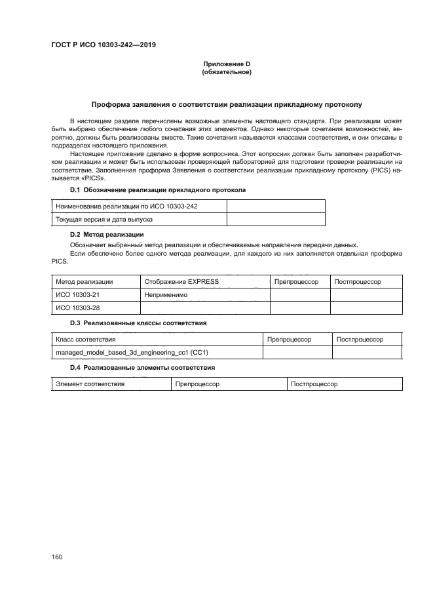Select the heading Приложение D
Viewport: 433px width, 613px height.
tap(226, 64)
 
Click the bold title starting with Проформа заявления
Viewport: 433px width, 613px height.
tap(226, 104)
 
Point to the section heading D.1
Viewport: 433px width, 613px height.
tap(157, 189)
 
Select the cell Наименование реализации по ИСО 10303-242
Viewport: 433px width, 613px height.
tap(127, 207)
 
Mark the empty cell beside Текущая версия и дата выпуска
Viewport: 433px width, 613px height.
tap(275, 220)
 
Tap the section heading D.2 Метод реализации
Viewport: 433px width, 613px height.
tap(107, 234)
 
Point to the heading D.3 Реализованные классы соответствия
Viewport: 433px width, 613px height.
tap(138, 323)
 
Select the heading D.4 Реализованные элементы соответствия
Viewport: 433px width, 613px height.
tap(142, 368)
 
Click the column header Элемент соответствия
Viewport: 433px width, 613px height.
tap(90, 384)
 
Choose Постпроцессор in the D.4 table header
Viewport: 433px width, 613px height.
tap(314, 384)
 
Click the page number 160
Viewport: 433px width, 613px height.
tap(56, 557)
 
